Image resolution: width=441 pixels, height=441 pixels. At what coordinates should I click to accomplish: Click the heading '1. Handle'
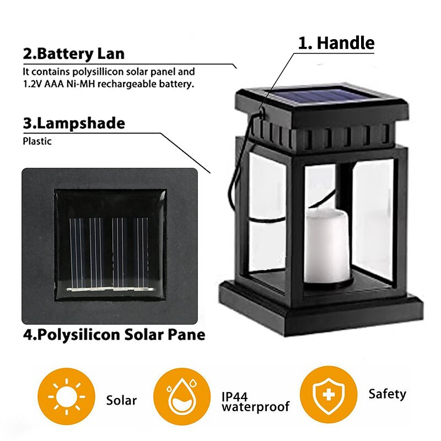pos(336,43)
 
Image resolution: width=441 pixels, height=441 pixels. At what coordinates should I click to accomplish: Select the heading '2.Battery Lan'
pos(73,54)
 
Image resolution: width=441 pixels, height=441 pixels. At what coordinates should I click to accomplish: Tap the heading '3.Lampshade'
pos(73,123)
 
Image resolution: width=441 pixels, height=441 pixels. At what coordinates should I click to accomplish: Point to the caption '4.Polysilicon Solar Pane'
pos(114,334)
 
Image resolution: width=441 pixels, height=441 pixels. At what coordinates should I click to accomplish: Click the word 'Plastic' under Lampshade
pos(37,141)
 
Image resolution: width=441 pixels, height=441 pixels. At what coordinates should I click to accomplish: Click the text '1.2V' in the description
pos(32,84)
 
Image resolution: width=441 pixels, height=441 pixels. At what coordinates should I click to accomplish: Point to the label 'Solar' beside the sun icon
pos(121,400)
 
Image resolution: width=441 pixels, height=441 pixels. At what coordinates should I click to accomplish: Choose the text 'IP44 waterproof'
pos(255,402)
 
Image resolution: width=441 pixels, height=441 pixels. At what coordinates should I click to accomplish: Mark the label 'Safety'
pos(387,394)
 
